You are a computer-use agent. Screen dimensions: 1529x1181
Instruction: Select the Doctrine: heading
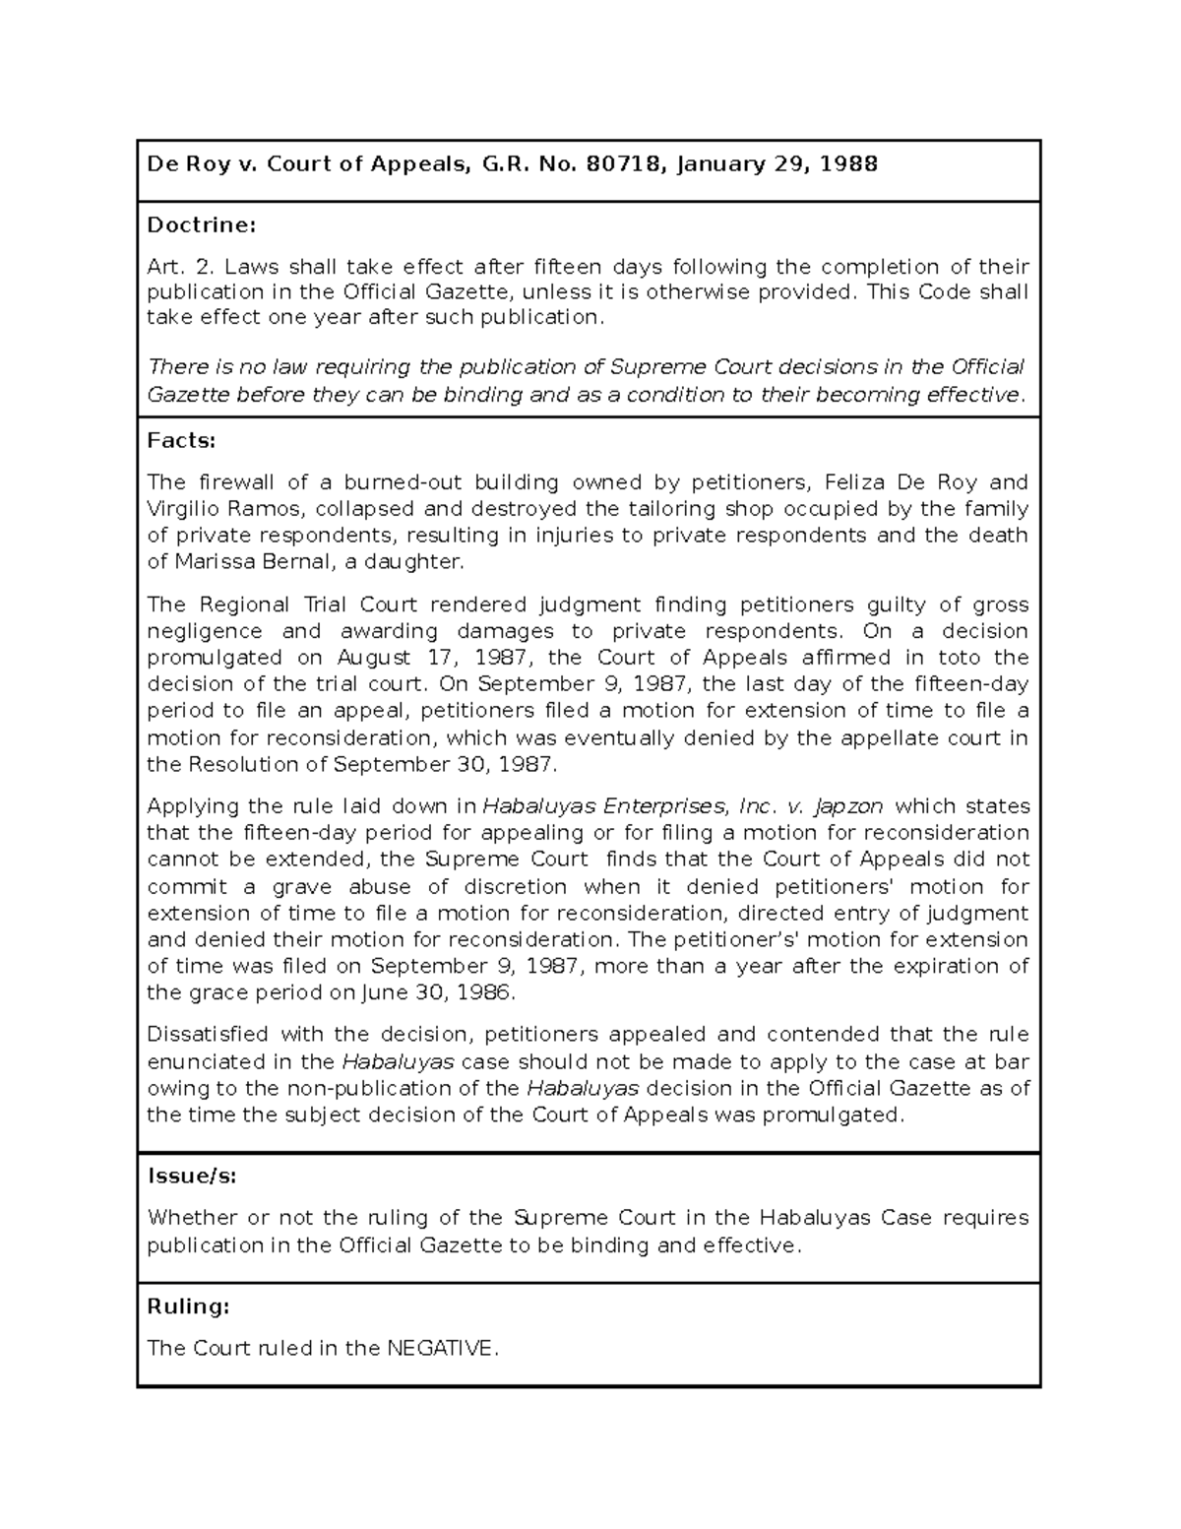click(x=201, y=225)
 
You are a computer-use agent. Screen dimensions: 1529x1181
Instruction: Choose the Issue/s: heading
click(x=192, y=1176)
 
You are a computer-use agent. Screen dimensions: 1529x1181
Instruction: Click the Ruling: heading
click(x=188, y=1306)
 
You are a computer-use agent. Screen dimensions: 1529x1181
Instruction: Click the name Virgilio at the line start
click(x=179, y=509)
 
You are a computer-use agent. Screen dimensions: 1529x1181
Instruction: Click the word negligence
click(x=205, y=631)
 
